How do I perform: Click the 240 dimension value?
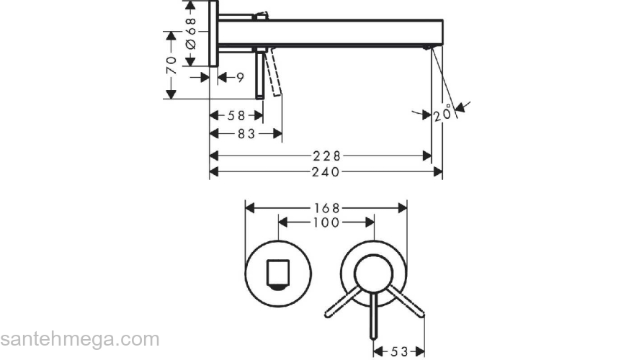326,172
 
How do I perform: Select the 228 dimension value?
326,156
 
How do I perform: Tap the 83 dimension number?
246,134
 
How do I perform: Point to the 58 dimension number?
236,116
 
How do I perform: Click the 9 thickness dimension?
240,77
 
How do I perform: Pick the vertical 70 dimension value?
171,65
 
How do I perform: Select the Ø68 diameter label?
190,33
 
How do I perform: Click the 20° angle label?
442,113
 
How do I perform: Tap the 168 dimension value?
327,208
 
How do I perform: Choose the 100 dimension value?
326,222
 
